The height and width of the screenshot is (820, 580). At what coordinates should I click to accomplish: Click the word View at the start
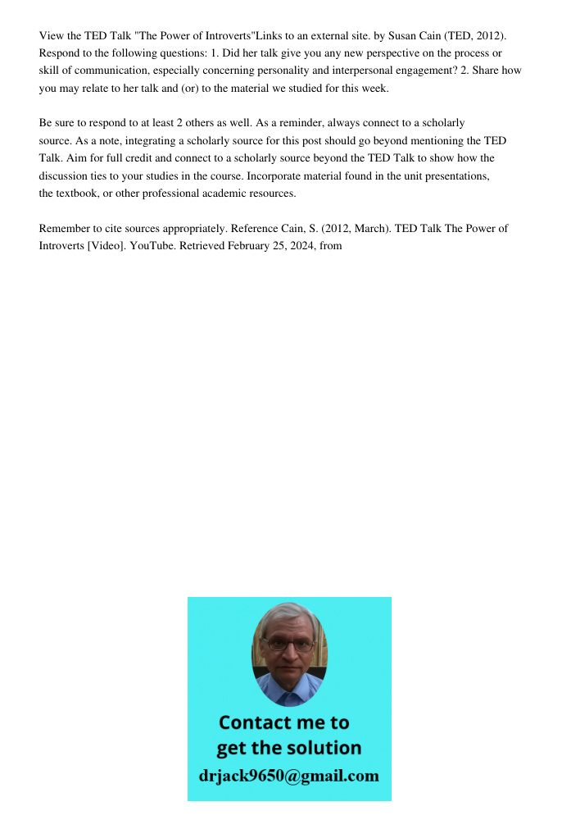pyautogui.click(x=51, y=36)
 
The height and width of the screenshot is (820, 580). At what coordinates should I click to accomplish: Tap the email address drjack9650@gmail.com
pyautogui.click(x=288, y=776)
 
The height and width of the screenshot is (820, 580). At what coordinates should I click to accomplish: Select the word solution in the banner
pyautogui.click(x=324, y=748)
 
